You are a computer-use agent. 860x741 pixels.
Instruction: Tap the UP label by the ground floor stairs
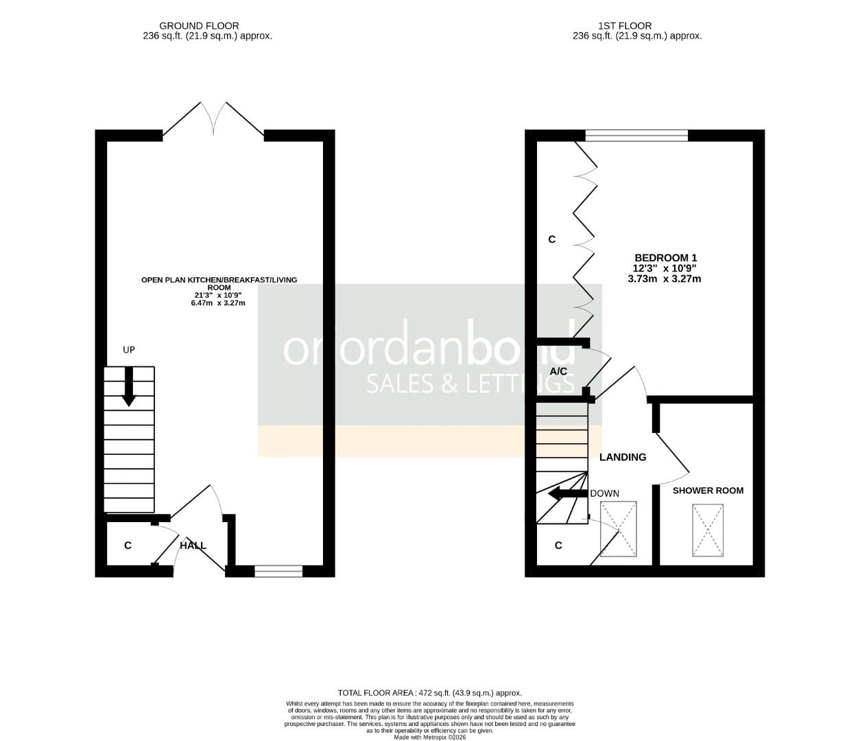129,350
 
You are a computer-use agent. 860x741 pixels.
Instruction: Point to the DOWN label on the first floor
604,493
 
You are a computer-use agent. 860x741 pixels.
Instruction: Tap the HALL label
193,545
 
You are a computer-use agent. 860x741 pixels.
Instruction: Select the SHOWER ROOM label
708,491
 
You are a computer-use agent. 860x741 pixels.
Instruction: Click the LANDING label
623,457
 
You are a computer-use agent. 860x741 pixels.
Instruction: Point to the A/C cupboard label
559,371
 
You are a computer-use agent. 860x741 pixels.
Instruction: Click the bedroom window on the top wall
636,136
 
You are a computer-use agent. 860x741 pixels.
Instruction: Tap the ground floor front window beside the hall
278,570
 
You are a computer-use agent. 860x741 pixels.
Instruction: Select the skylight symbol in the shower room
708,530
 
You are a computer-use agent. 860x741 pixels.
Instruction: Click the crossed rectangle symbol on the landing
619,529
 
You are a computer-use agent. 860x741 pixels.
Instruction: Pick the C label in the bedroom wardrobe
551,239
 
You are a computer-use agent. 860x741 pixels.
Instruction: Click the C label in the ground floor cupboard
128,545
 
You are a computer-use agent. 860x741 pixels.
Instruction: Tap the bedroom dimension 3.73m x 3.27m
665,279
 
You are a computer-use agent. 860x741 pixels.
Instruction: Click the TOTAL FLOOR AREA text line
430,693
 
